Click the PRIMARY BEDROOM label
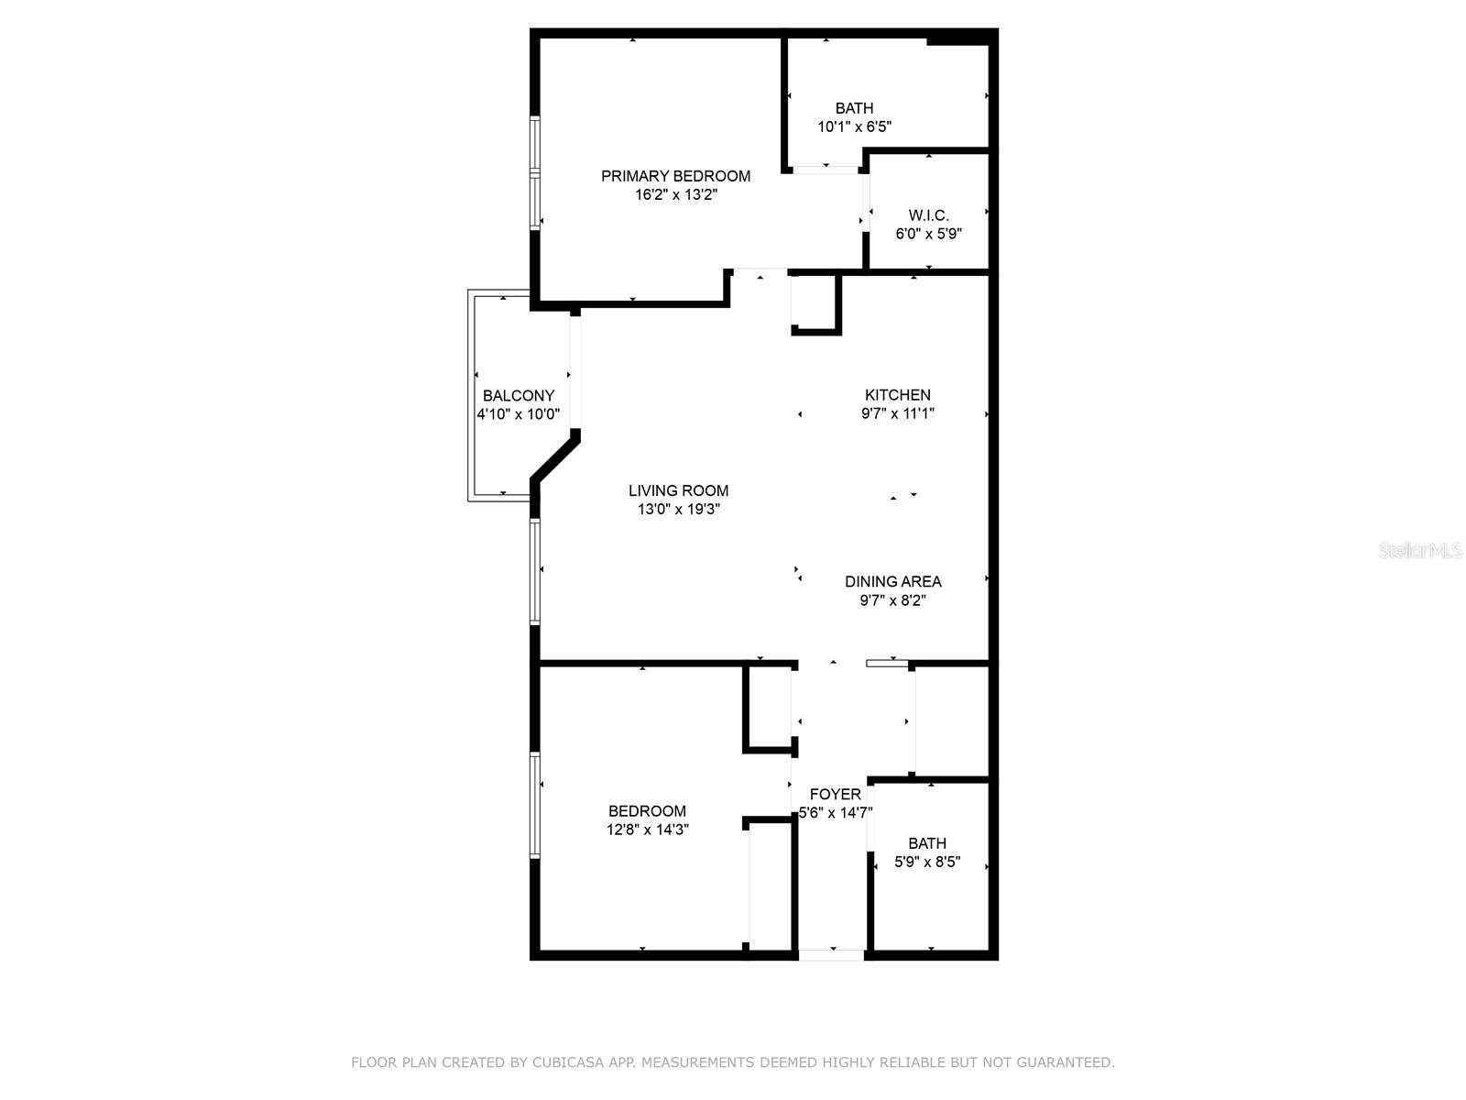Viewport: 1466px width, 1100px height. pos(675,176)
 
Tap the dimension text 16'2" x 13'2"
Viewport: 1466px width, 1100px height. pos(675,194)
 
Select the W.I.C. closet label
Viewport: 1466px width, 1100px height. pos(928,215)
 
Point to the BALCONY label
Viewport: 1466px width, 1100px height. pos(519,396)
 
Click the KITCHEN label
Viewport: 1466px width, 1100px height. pos(897,395)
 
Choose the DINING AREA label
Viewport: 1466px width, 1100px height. pos(892,581)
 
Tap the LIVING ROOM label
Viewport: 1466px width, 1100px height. pos(678,490)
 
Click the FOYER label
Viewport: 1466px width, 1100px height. pos(835,794)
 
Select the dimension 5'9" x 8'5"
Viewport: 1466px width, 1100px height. pos(927,862)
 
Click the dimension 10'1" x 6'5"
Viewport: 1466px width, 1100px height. pos(854,126)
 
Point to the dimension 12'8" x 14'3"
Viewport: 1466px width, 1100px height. pos(647,830)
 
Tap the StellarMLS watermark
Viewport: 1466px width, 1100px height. pos(1419,550)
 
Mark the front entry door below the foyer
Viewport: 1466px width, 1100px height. pos(832,955)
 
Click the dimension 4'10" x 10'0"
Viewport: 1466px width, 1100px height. pos(518,414)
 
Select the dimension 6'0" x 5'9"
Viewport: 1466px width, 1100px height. pos(928,234)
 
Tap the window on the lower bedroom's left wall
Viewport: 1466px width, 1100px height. pos(535,805)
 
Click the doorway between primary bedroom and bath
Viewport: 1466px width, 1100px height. pos(826,170)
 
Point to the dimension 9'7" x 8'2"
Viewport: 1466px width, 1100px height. pos(892,600)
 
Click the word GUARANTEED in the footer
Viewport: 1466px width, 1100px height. pos(1063,1062)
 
